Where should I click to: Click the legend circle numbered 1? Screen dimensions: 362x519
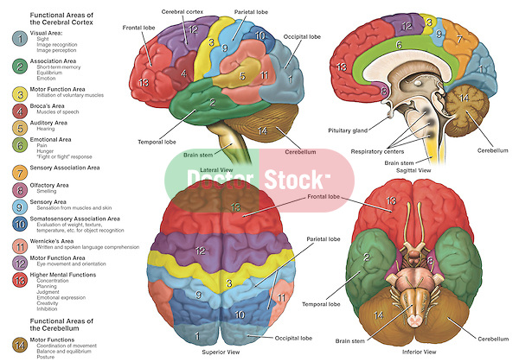(19, 39)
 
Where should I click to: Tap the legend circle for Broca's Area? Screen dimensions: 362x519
(19, 111)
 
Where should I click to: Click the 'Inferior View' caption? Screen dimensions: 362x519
(411, 352)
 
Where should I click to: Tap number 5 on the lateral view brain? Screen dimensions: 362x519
(245, 75)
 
